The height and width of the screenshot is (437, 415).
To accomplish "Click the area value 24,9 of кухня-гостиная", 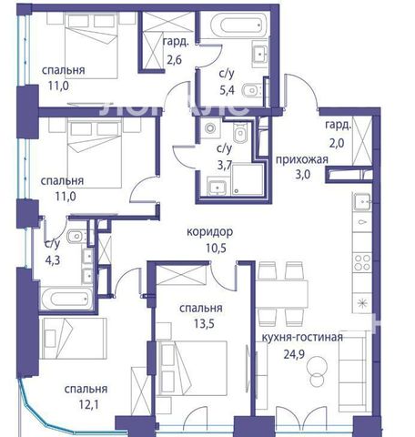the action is tap(294, 354).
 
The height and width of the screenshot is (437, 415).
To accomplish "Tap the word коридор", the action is tap(210, 232).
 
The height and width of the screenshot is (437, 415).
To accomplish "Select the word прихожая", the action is tap(302, 159).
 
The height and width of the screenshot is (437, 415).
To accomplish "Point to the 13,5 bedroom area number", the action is tap(204, 323).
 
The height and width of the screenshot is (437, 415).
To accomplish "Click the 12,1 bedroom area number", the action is tap(88, 404).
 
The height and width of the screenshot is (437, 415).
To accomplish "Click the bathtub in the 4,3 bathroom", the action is tap(67, 298).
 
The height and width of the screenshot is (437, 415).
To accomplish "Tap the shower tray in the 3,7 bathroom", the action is tap(248, 179).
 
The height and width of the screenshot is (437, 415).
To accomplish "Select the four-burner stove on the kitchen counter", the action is tap(362, 262).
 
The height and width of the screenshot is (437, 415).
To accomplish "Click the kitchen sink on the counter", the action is tap(362, 202).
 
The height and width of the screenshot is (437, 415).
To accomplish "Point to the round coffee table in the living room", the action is tap(317, 371).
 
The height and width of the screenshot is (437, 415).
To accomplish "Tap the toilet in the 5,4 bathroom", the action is tap(254, 90).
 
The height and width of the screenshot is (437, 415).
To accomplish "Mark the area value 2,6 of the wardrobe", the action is tap(175, 59).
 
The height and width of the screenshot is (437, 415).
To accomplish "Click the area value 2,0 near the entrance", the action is tap(337, 142).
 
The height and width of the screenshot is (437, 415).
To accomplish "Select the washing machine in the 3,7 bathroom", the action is tap(210, 128).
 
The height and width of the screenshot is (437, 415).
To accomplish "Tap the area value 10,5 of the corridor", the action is tap(216, 249).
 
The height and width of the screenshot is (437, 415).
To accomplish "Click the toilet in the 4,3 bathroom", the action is tap(76, 237).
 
